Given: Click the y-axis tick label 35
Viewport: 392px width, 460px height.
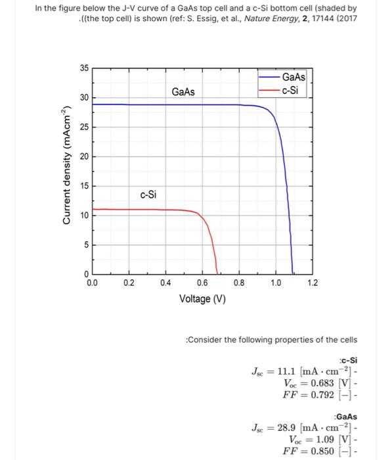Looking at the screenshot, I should click(x=84, y=68).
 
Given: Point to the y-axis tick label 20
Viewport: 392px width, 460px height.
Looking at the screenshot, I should click(x=84, y=156).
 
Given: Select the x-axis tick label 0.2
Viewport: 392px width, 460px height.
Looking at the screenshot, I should click(x=129, y=283).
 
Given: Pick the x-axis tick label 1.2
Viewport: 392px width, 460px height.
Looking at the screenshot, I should click(x=313, y=283).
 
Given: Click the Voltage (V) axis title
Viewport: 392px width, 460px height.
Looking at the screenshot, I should click(x=202, y=299).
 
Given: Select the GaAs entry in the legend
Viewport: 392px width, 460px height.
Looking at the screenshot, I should click(x=294, y=78).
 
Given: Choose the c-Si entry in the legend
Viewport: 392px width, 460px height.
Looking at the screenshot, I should click(x=292, y=89).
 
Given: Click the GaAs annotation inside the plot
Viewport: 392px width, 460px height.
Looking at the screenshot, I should click(x=183, y=92).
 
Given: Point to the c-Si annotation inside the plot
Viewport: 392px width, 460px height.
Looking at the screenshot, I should click(x=148, y=195).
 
